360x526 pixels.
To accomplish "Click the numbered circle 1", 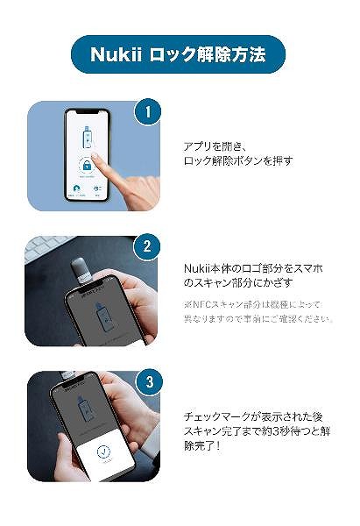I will (148, 112).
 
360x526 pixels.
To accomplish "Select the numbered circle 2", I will (148, 246).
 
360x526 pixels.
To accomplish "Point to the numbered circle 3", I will (148, 382).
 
